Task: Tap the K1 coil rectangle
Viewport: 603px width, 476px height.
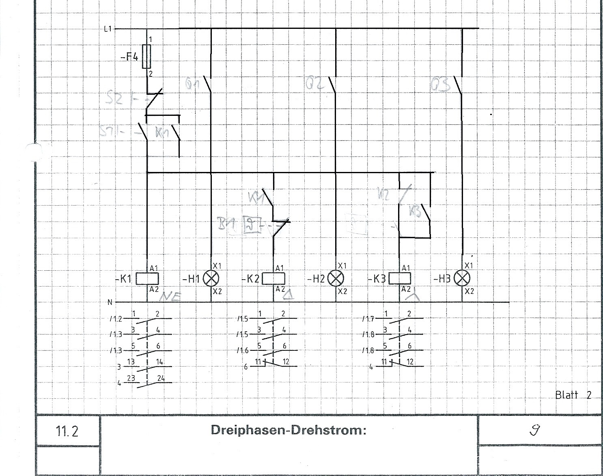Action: click(147, 278)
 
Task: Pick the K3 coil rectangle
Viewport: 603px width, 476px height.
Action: click(400, 278)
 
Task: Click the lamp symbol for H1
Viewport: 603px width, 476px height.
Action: click(211, 278)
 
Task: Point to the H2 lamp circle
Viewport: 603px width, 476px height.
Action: click(336, 278)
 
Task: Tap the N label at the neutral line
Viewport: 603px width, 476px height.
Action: click(110, 302)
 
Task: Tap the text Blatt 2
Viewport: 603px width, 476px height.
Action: click(573, 395)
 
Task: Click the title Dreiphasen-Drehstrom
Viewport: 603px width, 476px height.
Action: click(288, 430)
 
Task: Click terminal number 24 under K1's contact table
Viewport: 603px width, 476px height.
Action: click(161, 378)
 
